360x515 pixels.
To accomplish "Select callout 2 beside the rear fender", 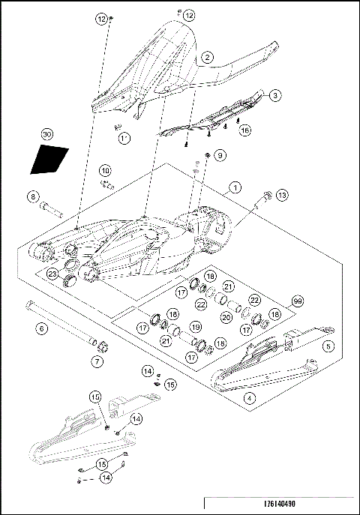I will (206, 56).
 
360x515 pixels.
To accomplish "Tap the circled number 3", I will (275, 95).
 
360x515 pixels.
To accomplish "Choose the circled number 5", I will (328, 346).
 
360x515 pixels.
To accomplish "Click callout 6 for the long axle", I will (42, 328).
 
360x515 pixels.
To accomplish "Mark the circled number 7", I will (97, 361).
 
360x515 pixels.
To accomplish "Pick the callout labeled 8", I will (32, 197).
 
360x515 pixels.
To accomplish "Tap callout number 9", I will (220, 155).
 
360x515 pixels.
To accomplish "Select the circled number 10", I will (105, 170).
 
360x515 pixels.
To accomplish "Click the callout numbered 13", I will (281, 195).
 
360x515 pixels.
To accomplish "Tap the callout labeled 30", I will (46, 134).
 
